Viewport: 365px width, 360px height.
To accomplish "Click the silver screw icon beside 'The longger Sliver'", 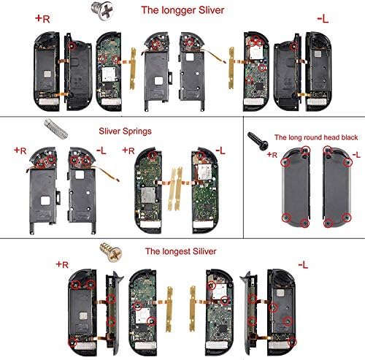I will [115, 9].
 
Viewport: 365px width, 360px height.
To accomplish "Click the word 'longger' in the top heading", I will [193, 10].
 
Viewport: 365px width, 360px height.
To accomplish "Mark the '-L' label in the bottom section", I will [302, 263].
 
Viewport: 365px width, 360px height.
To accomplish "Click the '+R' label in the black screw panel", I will [273, 155].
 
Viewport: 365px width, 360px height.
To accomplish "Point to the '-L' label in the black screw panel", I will [356, 156].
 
